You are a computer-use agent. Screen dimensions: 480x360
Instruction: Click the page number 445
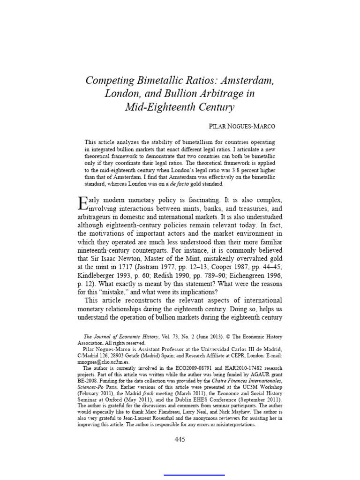pyautogui.click(x=180, y=439)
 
